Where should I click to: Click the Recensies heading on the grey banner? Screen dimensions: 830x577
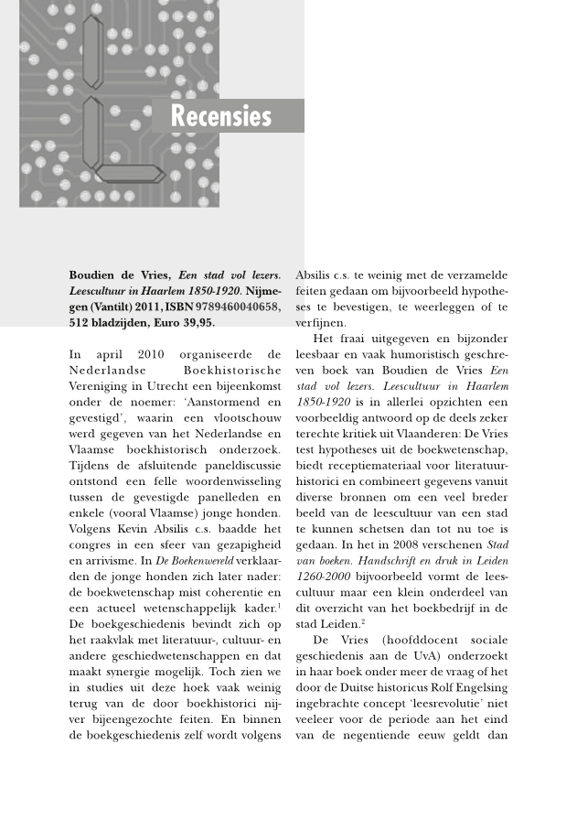point(220,117)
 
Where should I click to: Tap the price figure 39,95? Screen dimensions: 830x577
point(198,323)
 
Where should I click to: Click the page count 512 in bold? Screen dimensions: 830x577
point(81,323)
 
